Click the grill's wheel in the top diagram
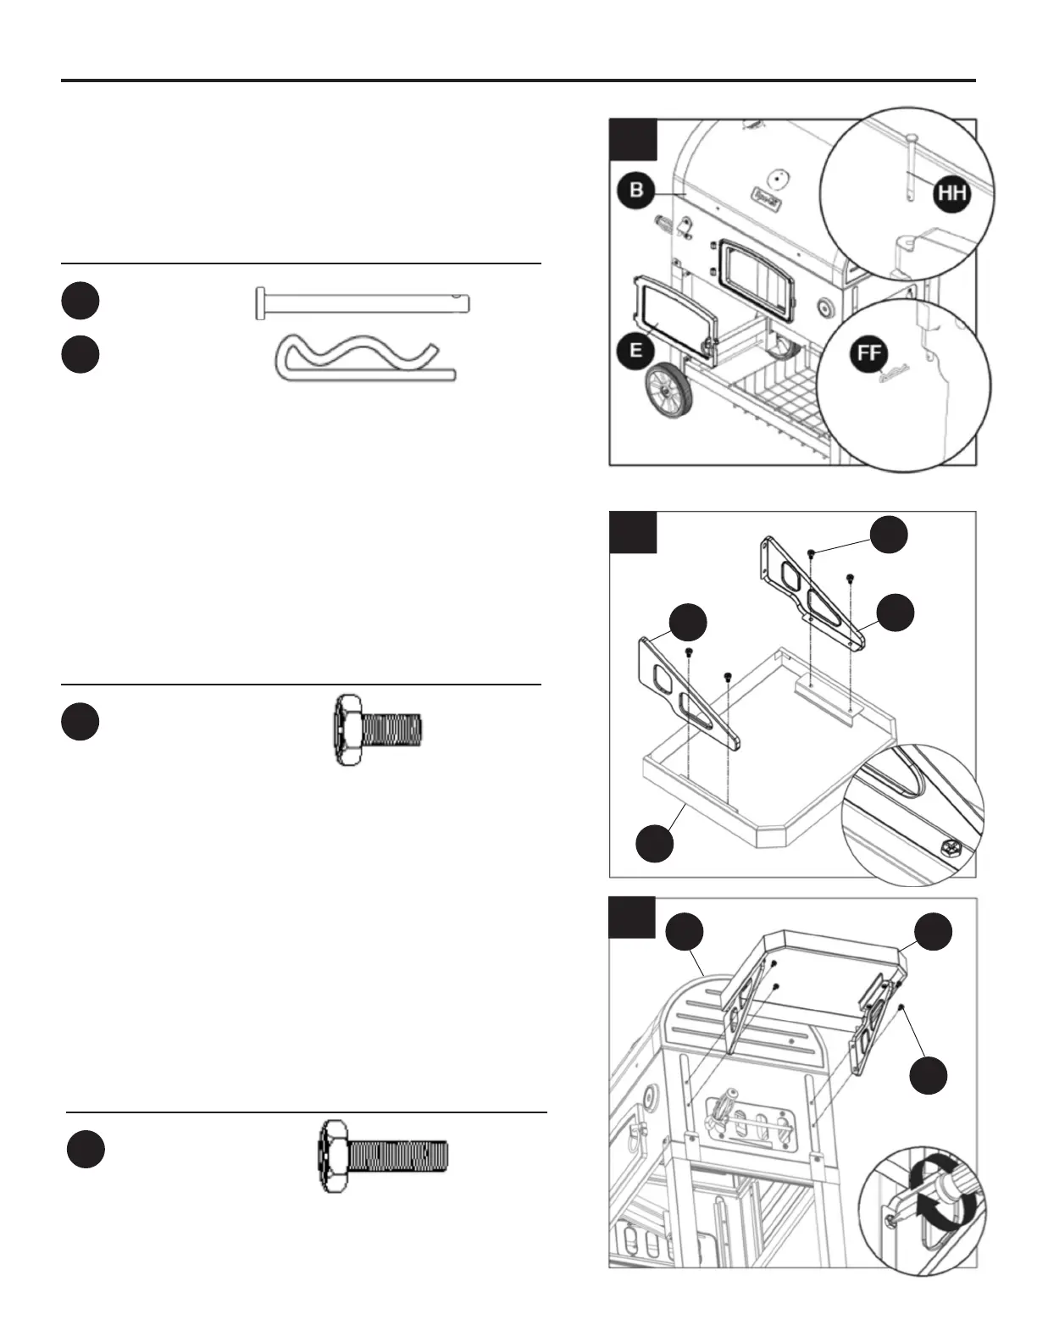click(x=669, y=390)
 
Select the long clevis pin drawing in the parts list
click(x=362, y=302)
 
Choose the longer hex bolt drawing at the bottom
click(x=384, y=1156)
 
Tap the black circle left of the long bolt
click(x=86, y=1150)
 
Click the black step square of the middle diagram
click(x=633, y=532)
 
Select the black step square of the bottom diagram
click(x=633, y=917)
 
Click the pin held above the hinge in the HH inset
click(x=909, y=169)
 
